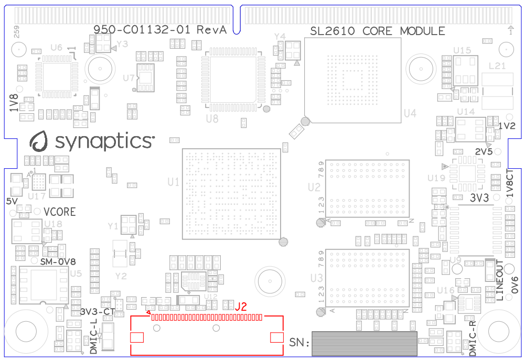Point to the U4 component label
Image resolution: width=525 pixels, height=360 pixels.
click(x=410, y=113)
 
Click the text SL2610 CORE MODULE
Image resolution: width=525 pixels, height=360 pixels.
click(x=378, y=31)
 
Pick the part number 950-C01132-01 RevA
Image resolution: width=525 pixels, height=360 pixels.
click(x=160, y=30)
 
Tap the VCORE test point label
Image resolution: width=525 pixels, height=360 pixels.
click(x=60, y=212)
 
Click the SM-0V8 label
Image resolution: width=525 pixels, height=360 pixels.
click(x=58, y=261)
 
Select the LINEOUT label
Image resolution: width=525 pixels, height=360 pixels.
click(x=499, y=280)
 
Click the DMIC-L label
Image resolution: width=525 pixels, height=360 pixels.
click(x=94, y=336)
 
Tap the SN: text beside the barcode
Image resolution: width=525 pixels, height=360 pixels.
click(x=299, y=342)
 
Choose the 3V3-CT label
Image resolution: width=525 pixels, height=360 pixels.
click(x=98, y=311)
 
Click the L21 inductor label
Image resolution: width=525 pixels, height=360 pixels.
click(x=497, y=66)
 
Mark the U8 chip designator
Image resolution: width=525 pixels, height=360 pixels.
click(x=212, y=119)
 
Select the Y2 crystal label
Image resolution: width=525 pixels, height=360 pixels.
click(x=121, y=276)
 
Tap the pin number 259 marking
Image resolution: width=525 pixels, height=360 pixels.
click(x=16, y=32)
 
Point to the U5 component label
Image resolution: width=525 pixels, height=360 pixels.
click(x=76, y=273)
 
